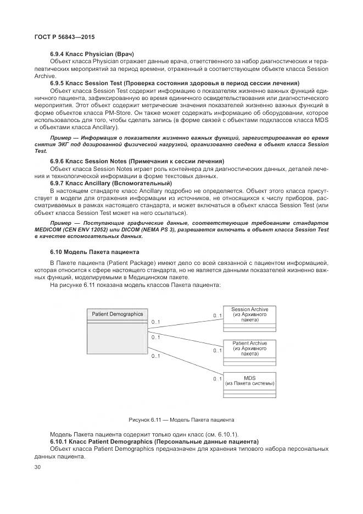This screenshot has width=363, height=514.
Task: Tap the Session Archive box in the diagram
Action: coord(249,318)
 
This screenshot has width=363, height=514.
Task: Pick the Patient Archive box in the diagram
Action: coord(249,352)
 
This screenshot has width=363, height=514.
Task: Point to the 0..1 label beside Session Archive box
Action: coord(217,315)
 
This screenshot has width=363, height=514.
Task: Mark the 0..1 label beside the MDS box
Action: coord(217,379)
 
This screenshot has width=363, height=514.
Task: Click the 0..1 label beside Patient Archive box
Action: coord(217,350)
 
